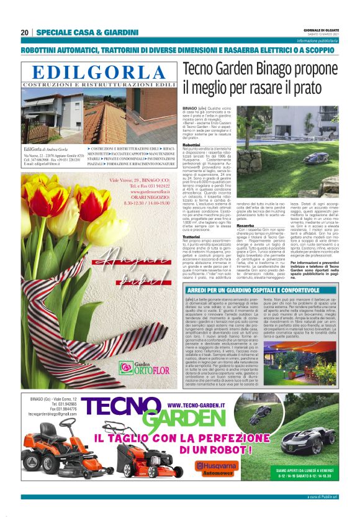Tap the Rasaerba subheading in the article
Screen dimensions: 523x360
click(245, 227)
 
